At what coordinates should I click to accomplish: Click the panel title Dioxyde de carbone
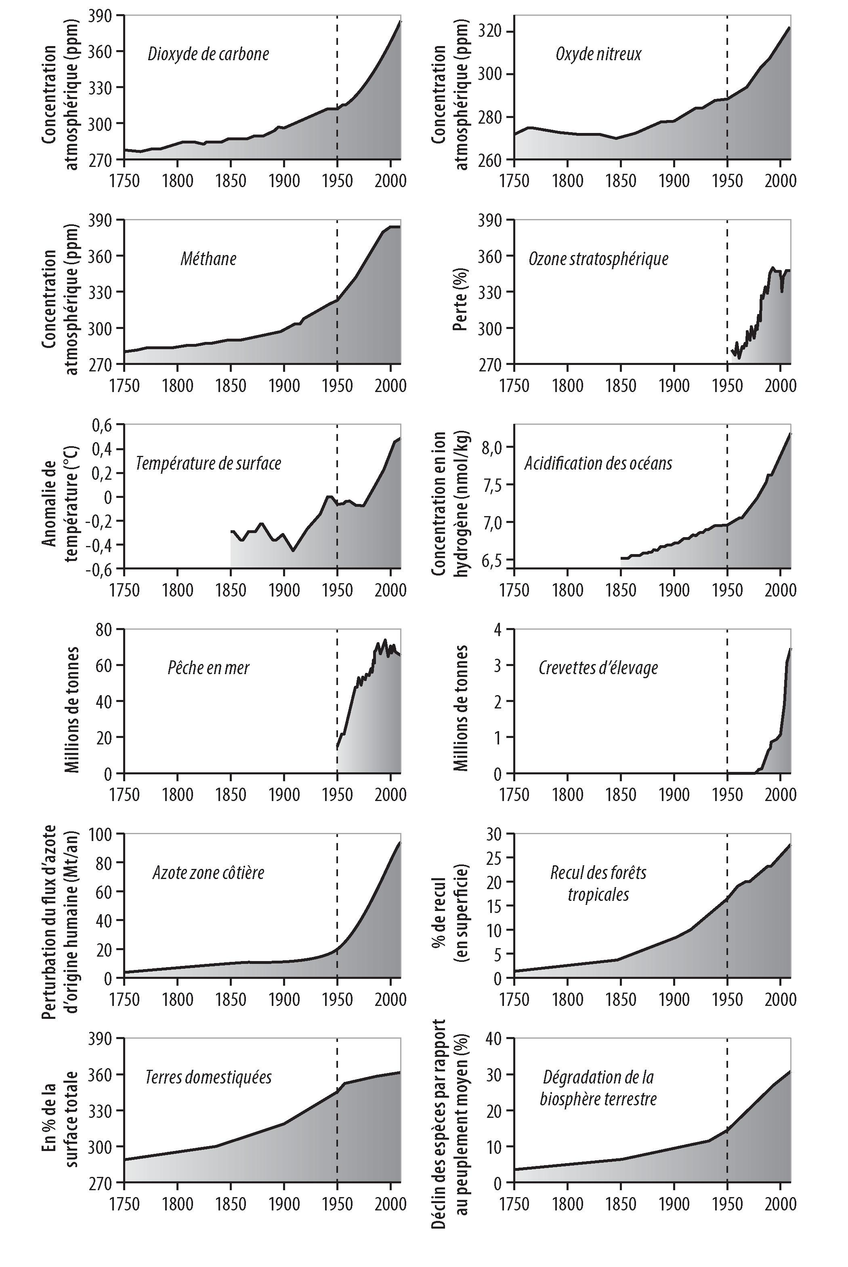[x=208, y=54]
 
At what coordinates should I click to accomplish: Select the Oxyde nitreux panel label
[x=598, y=54]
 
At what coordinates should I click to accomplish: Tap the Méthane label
[x=208, y=259]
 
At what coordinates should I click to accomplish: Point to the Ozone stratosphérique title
[x=598, y=259]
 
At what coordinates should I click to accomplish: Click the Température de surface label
[x=208, y=463]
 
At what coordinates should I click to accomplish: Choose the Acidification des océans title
[x=598, y=463]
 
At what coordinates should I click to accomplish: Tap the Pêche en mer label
[x=208, y=668]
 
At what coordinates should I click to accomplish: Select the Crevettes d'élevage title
[x=598, y=668]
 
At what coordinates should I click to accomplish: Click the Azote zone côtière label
[x=208, y=873]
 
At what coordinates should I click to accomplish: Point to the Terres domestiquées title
[x=208, y=1077]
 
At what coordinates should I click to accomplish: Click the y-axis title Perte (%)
[x=460, y=292]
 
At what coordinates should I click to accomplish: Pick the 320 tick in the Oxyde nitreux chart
[x=489, y=32]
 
